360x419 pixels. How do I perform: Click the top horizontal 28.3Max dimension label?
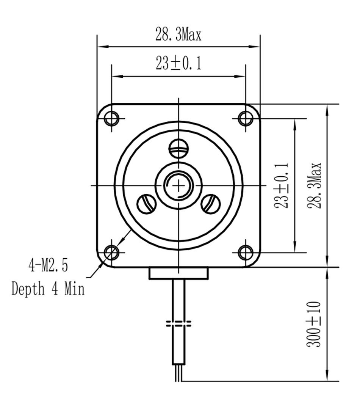point(178,35)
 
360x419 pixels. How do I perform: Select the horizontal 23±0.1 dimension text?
point(178,64)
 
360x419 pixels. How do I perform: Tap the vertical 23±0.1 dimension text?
point(281,185)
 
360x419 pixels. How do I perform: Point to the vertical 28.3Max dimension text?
point(315,185)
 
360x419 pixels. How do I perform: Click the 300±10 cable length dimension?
point(313,324)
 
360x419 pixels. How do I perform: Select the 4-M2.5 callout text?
point(48,265)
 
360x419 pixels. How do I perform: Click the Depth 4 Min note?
point(48,289)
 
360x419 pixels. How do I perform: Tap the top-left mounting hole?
point(112,118)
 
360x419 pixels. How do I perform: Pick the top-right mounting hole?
point(246,118)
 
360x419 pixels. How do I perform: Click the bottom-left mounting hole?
point(112,252)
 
